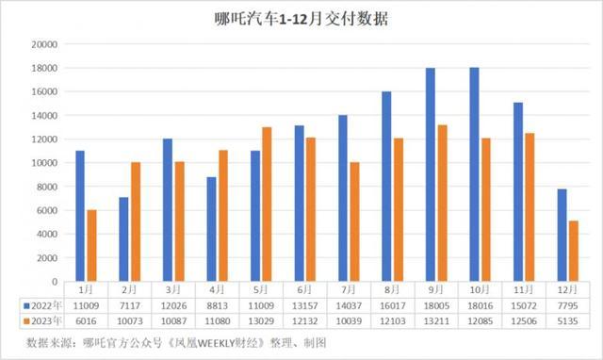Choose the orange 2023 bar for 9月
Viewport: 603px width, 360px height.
pyautogui.click(x=442, y=203)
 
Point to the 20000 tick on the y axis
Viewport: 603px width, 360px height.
pyautogui.click(x=43, y=44)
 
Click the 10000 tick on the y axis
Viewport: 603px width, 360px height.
pyautogui.click(x=43, y=163)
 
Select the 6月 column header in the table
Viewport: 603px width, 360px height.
pyautogui.click(x=299, y=290)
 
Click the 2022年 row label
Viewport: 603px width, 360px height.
pyautogui.click(x=41, y=305)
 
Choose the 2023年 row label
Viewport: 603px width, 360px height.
pyautogui.click(x=41, y=320)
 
